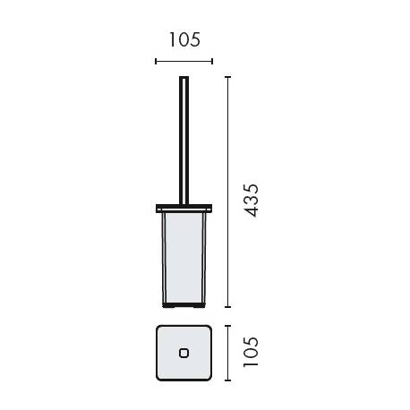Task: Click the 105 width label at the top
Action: [184, 39]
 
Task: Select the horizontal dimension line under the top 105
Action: [184, 62]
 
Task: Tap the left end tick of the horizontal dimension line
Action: [156, 62]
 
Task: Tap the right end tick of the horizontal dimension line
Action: [212, 62]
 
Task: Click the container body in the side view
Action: [184, 260]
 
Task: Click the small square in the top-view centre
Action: [184, 353]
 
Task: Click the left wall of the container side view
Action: [160, 260]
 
